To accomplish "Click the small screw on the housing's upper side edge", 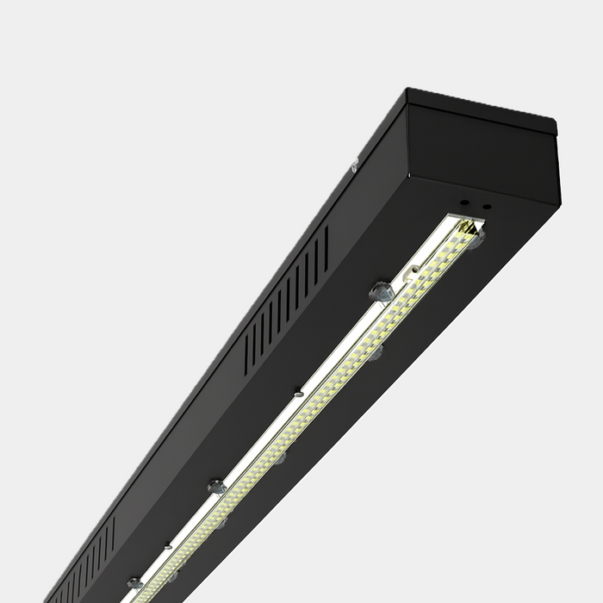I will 353,167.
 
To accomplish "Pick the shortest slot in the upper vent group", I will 247,354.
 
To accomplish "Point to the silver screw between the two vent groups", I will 298,393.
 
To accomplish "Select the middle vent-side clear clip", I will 216,487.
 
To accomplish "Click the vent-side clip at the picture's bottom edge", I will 134,584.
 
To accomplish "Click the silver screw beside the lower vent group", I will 168,545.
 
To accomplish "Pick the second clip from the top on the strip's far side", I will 376,352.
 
